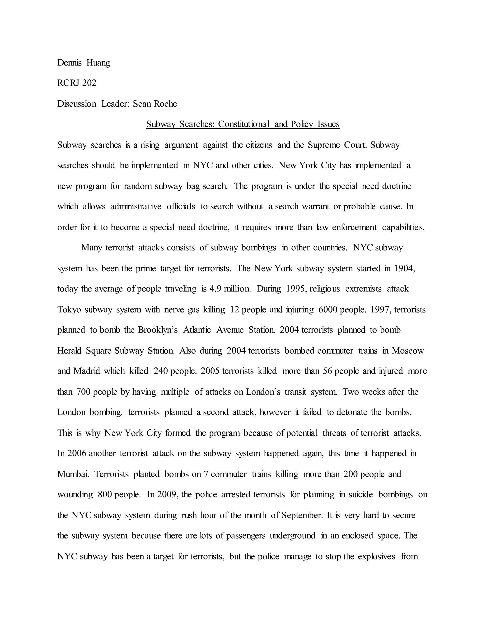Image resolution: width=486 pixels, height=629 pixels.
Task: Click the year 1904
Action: click(405, 268)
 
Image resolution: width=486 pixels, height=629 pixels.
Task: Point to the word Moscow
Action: click(408, 351)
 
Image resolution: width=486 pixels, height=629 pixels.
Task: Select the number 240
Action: click(161, 371)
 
